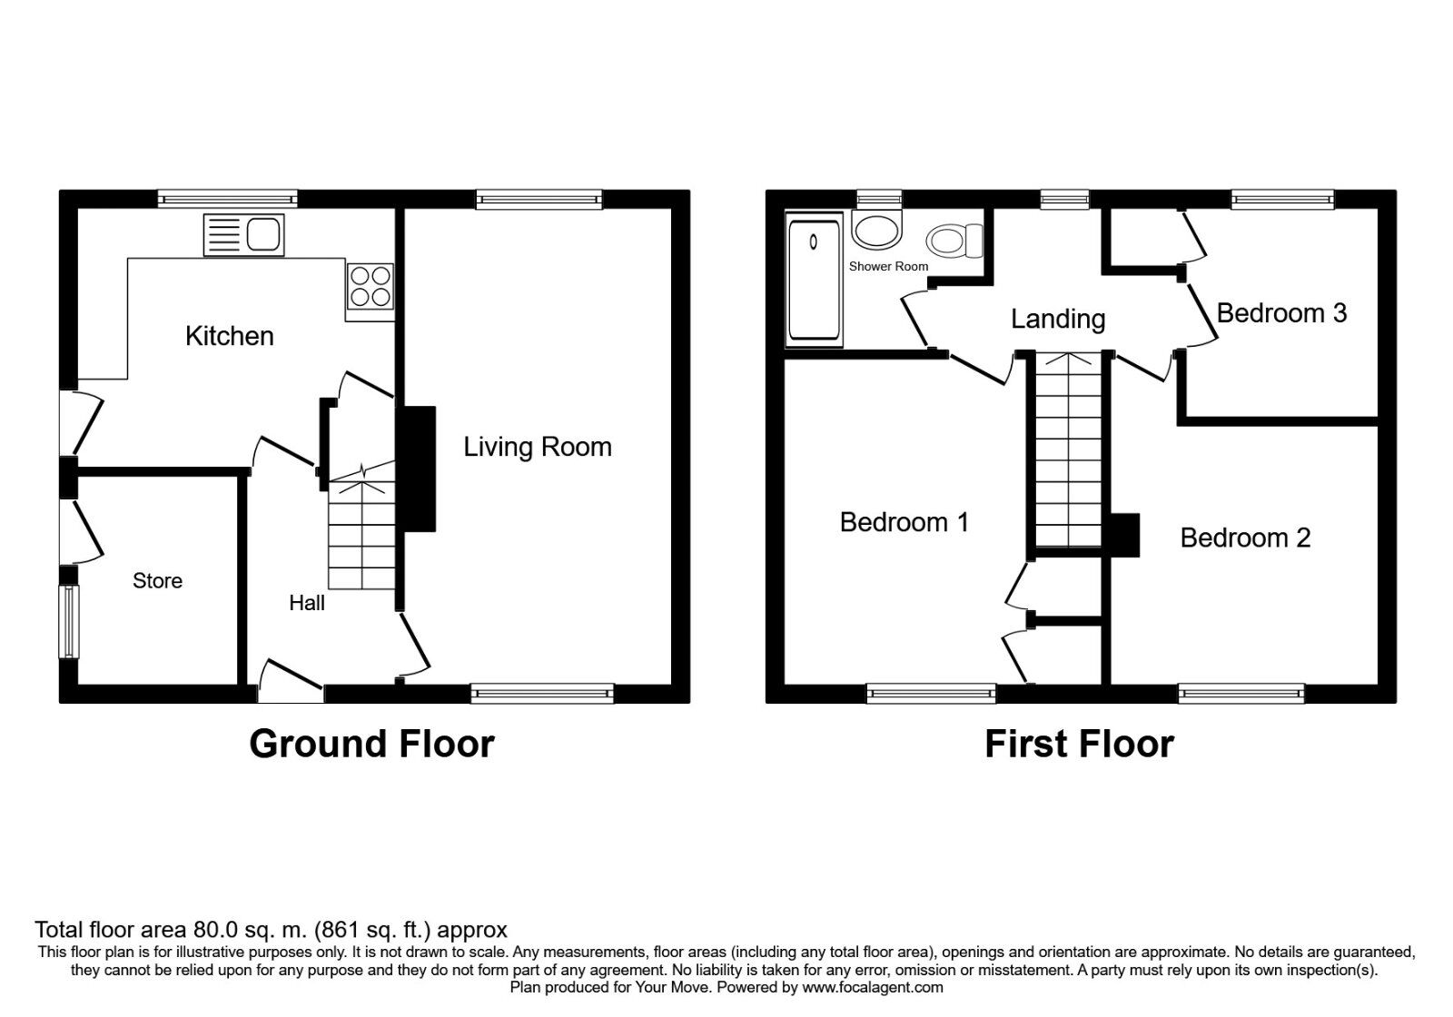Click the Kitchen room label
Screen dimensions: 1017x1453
pos(229,336)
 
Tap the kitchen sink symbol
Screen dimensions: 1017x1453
pos(244,234)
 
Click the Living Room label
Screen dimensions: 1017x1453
pos(538,447)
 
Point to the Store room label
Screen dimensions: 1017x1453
pos(157,581)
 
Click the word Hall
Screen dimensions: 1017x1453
pos(307,603)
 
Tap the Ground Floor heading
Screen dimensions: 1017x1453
pos(371,744)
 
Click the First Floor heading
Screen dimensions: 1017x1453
pos(1079,744)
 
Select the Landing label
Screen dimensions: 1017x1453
pos(1058,319)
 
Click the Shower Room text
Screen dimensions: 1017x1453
pos(888,266)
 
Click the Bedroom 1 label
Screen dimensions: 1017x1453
pos(904,522)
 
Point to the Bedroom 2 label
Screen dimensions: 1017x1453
pos(1245,538)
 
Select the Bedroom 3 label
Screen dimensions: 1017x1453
pos(1281,313)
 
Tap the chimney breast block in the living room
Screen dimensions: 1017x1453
pos(419,469)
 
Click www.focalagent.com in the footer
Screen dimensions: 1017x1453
pos(872,987)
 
